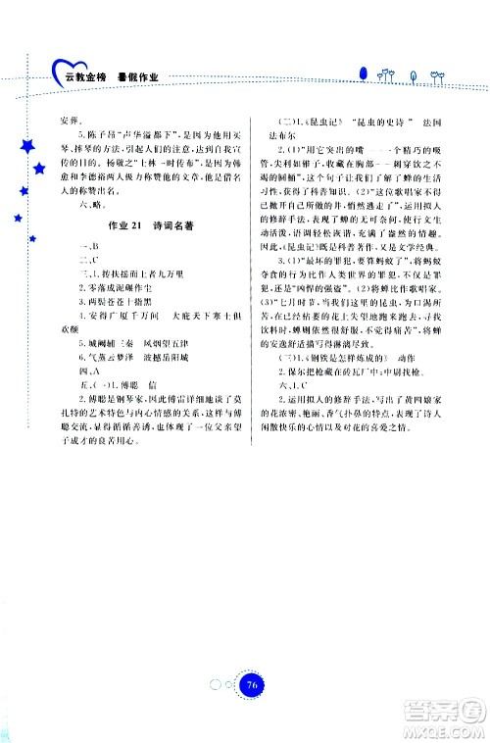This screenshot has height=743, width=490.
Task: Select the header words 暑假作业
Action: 137,74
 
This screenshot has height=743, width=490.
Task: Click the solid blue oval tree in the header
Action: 363,73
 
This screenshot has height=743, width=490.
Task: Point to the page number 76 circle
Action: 253,659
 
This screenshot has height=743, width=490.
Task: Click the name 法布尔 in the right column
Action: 296,139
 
